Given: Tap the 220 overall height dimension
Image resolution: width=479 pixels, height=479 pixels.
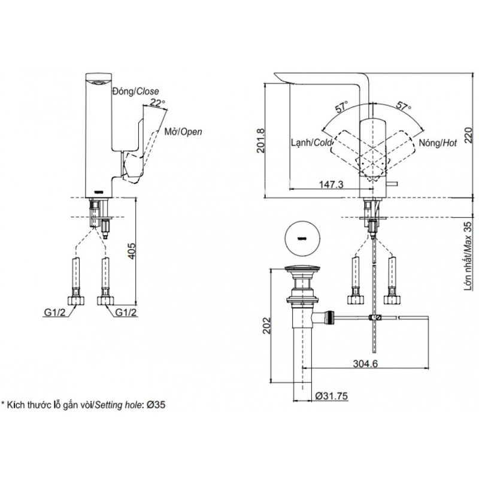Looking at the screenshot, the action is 469,135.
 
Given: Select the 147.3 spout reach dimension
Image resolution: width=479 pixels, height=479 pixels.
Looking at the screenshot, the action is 331,184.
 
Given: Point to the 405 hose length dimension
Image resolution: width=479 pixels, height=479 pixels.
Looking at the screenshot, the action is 131,251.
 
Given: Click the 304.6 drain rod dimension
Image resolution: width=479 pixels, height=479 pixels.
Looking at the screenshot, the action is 365,363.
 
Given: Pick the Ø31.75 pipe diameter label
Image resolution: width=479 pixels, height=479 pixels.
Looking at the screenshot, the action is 332,396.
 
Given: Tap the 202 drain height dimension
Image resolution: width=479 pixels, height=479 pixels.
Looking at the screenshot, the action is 267,325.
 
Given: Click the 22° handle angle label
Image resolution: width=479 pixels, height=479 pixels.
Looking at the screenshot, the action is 157,103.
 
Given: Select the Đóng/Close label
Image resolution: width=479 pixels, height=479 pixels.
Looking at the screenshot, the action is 136,91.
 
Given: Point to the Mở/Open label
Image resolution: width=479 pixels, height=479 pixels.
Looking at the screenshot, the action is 183,132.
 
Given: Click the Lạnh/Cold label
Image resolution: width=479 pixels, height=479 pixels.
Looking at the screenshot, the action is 311,143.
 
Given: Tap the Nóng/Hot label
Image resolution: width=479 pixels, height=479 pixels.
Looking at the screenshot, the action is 438,143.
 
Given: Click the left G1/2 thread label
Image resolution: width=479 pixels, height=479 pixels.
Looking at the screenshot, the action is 55,312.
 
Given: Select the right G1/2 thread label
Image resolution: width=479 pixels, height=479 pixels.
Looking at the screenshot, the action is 126,312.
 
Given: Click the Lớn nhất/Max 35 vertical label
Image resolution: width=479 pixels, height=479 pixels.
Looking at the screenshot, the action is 468,256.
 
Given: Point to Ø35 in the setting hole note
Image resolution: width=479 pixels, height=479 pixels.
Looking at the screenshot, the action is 156,405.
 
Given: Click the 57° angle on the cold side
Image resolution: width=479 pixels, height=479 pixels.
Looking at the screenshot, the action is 342,107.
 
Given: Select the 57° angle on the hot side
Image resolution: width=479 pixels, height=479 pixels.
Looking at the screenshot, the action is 404,106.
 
